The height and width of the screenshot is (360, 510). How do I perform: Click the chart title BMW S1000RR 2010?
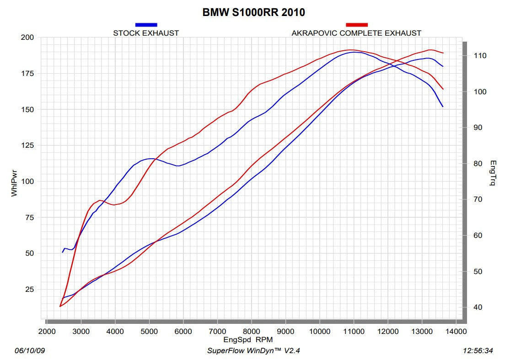253,12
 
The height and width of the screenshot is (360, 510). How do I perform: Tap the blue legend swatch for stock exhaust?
146,25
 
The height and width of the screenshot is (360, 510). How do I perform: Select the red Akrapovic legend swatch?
357,25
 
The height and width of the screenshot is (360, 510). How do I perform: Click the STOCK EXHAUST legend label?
146,33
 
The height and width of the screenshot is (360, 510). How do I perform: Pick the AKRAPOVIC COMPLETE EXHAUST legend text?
356,33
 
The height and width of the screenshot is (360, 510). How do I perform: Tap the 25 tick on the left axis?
29,289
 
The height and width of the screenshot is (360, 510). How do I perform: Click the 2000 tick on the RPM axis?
47,332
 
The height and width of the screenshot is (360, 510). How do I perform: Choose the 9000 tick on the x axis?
285,332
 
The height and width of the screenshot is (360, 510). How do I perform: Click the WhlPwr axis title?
14,183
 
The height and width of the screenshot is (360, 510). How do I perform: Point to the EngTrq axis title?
493,173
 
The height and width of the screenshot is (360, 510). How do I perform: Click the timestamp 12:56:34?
478,351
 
